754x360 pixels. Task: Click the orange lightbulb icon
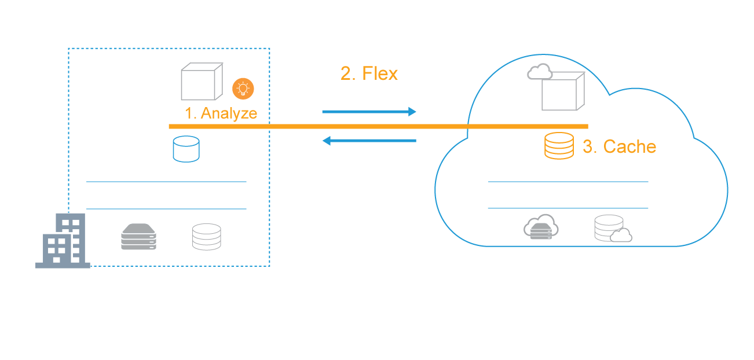coord(243,89)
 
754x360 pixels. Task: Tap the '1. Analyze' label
coord(221,113)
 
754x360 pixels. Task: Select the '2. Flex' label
coord(369,74)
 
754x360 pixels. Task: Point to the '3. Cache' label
coord(620,146)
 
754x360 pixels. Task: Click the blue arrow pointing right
coord(369,112)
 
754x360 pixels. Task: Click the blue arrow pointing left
coord(369,141)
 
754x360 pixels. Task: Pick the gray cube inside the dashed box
coord(202,82)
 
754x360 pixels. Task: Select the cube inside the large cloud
coord(563,91)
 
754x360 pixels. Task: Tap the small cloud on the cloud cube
coord(540,71)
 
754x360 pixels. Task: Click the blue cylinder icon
coord(186,149)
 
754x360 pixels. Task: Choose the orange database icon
coord(559,146)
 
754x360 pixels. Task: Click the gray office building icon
coord(63,241)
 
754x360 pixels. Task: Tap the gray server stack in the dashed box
coord(138,237)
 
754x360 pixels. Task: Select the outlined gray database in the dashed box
coord(207,237)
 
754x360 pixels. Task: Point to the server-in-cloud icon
coord(541,227)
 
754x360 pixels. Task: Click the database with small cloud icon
coord(613,229)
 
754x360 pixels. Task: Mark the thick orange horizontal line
coord(379,127)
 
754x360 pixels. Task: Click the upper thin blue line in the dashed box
coord(166,182)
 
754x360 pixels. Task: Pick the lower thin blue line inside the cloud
coord(568,208)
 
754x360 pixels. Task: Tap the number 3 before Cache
coord(588,146)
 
